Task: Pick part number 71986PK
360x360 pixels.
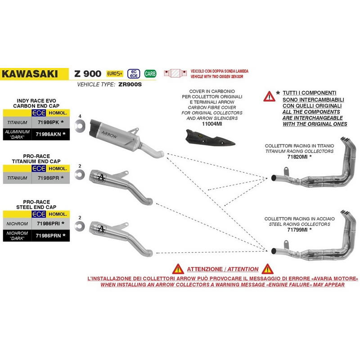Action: (x=48, y=122)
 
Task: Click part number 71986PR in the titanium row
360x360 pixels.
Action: (x=48, y=178)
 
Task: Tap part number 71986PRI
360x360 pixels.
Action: (x=49, y=223)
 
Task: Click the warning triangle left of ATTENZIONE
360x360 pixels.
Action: (x=179, y=269)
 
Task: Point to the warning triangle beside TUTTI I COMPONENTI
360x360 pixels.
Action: (x=270, y=95)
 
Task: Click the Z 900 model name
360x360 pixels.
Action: (x=89, y=73)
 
